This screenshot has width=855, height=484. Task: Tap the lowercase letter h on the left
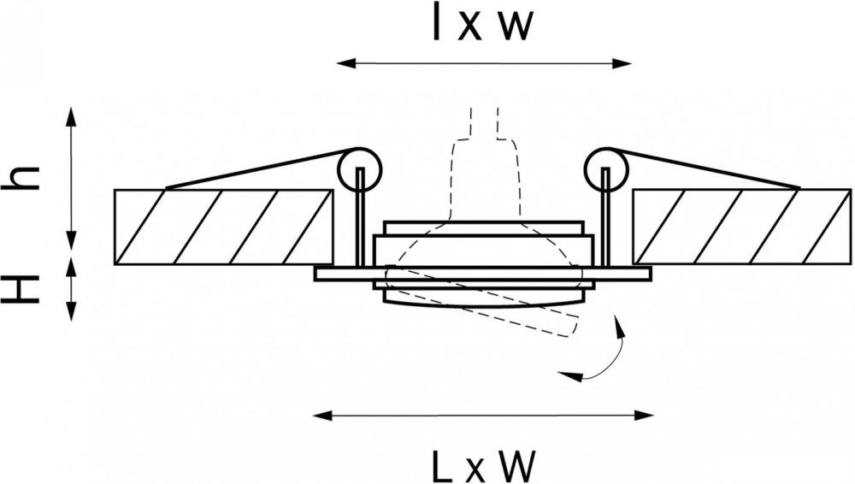tap(21, 177)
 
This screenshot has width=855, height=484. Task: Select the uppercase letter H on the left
tap(21, 289)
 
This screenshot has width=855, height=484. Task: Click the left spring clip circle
tap(359, 169)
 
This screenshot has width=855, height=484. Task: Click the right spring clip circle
tap(606, 169)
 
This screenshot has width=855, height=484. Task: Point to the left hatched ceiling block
tap(223, 227)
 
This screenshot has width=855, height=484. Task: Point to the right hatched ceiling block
tap(741, 227)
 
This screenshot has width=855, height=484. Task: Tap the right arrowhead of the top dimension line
tap(622, 64)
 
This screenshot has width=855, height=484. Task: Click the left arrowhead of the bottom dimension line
tap(323, 416)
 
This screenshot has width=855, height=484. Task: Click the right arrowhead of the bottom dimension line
tap(644, 416)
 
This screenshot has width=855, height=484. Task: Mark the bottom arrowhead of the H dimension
tap(71, 310)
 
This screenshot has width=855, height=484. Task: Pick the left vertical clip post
tap(359, 217)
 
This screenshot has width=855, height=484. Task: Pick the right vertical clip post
tap(605, 217)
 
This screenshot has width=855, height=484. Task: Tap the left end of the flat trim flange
tap(315, 274)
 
